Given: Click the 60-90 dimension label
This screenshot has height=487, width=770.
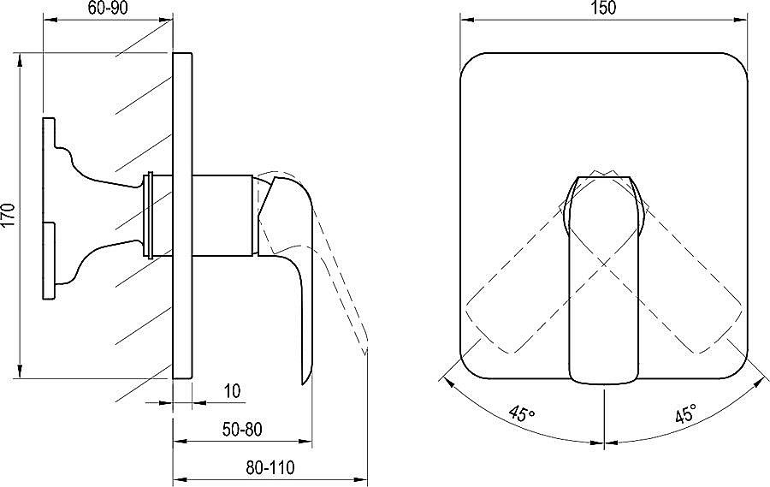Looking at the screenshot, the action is pyautogui.click(x=109, y=9).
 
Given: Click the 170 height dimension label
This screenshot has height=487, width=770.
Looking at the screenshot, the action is pyautogui.click(x=9, y=215).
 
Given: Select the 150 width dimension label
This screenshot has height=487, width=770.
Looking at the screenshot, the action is pyautogui.click(x=603, y=8).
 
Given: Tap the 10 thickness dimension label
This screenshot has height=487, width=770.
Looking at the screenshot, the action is pyautogui.click(x=232, y=391).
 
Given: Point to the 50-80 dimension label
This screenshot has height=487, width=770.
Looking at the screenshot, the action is pyautogui.click(x=242, y=430).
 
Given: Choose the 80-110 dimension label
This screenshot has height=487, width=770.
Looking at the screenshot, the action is pyautogui.click(x=270, y=467).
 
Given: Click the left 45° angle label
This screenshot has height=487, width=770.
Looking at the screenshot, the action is pyautogui.click(x=522, y=413).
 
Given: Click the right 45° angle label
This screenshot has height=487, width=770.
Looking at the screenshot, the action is pyautogui.click(x=685, y=413).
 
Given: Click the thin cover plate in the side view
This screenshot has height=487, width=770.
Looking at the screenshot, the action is pyautogui.click(x=183, y=215).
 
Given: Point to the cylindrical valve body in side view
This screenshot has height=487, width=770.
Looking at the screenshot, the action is pyautogui.click(x=223, y=215).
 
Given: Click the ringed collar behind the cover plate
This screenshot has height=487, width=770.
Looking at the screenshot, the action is pyautogui.click(x=150, y=215).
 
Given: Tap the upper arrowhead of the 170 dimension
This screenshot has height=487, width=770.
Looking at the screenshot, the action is pyautogui.click(x=20, y=59).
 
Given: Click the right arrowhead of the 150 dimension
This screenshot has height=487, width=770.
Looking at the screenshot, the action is pyautogui.click(x=741, y=20).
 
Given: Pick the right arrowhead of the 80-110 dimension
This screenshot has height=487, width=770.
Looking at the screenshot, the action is pyautogui.click(x=360, y=479).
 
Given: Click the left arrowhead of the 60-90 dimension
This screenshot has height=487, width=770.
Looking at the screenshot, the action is pyautogui.click(x=51, y=20).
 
